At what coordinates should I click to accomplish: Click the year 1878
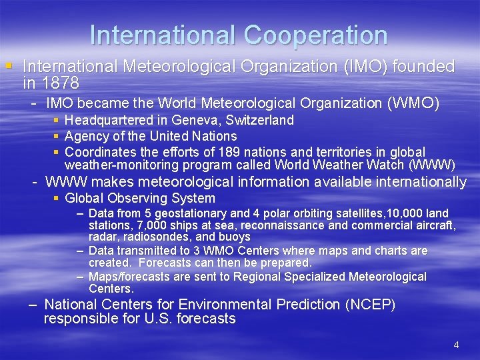pyautogui.click(x=60, y=83)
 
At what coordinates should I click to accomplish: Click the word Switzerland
pyautogui.click(x=260, y=120)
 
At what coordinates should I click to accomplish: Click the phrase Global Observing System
pyautogui.click(x=140, y=198)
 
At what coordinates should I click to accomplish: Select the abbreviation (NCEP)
pyautogui.click(x=370, y=305)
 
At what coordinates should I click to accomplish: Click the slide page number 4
pyautogui.click(x=456, y=345)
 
